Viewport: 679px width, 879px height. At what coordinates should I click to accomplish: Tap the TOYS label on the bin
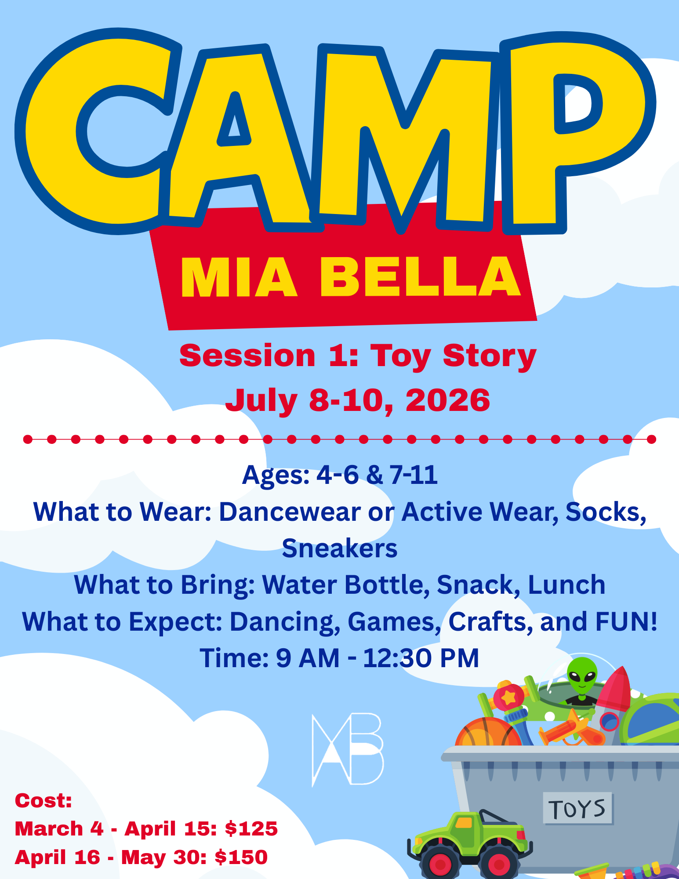coord(577,808)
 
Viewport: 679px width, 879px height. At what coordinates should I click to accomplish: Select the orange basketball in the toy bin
coord(488,732)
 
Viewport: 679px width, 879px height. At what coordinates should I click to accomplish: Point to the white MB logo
coord(347,750)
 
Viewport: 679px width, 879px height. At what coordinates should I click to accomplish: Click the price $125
coord(251,829)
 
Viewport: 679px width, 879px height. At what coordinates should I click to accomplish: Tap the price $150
coord(241,857)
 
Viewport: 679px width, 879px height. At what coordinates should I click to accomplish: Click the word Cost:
coord(44,801)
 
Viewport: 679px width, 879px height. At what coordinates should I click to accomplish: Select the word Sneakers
coord(340,548)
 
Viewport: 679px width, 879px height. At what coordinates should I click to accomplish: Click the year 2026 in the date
coord(447,400)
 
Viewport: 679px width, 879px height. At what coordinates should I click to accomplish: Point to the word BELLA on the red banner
coord(420,277)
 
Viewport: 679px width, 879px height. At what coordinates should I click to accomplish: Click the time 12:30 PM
coord(421,658)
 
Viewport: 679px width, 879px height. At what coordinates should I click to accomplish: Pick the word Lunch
coord(566,585)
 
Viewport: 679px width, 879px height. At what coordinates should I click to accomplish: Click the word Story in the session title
coord(490,356)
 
